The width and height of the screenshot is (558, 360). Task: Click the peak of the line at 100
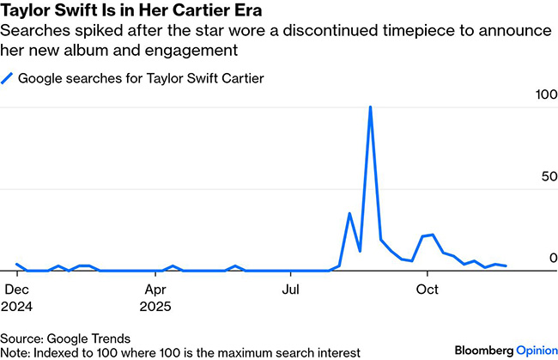[370, 107]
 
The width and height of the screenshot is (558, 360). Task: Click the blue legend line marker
[8, 79]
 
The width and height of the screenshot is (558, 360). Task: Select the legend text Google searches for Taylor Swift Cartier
[141, 79]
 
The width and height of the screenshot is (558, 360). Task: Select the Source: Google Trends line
[66, 338]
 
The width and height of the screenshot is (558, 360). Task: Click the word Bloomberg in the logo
[483, 350]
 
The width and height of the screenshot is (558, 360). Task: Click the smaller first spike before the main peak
[349, 213]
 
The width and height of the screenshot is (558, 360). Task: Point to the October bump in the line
[432, 234]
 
